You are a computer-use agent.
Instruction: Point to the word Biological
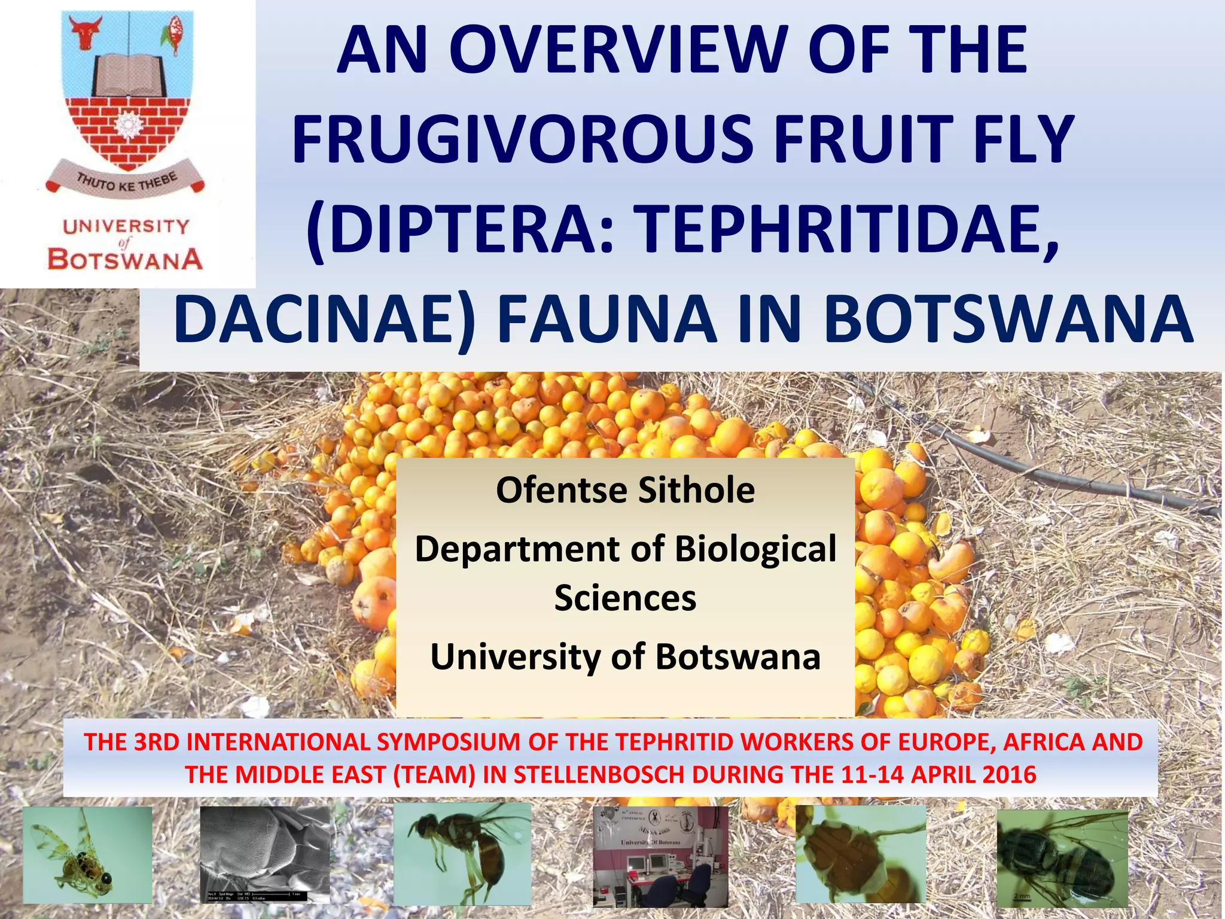[x=756, y=549]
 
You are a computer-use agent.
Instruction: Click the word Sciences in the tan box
[x=625, y=598]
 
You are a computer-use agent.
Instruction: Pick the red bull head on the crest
[x=86, y=32]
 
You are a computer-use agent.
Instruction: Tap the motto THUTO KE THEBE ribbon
[x=126, y=179]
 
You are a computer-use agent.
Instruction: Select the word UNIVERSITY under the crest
[x=126, y=227]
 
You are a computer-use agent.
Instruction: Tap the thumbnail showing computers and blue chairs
[x=660, y=857]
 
